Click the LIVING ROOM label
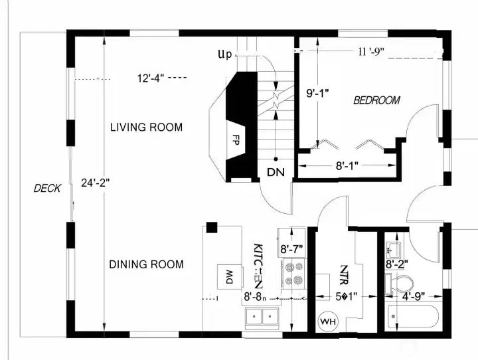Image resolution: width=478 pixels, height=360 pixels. (146, 127)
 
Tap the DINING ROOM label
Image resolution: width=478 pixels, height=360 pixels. (146, 264)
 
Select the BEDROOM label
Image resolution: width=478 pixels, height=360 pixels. (376, 100)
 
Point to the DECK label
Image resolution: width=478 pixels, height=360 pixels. (47, 189)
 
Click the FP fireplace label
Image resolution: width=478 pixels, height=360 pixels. (235, 140)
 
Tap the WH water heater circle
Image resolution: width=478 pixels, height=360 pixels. (328, 321)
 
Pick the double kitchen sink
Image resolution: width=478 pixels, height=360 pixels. (262, 317)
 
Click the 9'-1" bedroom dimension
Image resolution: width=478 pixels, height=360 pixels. (318, 94)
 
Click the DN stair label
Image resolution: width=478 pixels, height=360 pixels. (276, 172)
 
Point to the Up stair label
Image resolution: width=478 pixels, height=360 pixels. (225, 54)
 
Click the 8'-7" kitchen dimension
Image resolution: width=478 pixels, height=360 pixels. (291, 249)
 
